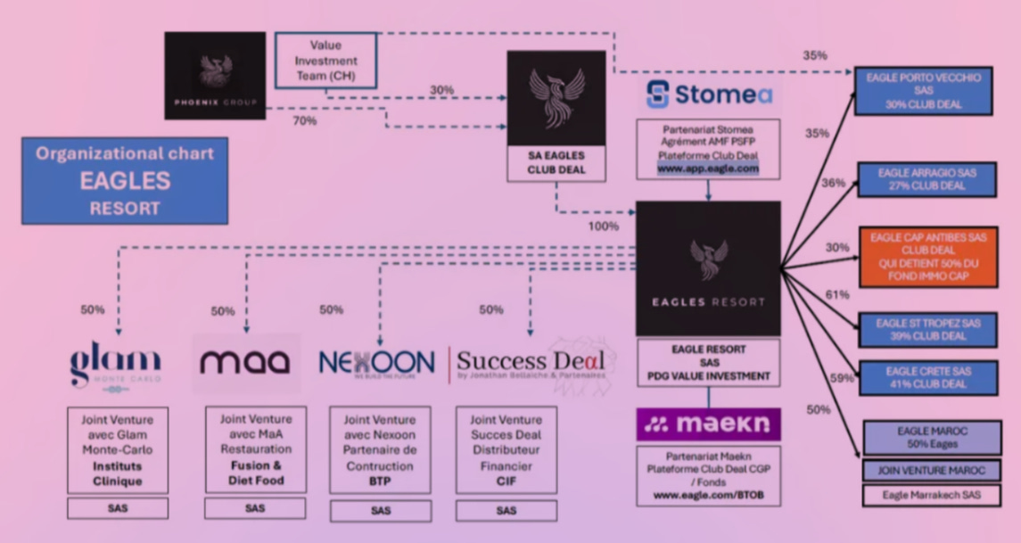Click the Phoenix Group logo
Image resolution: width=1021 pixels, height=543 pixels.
(215, 76)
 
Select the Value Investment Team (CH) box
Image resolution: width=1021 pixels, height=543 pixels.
(325, 61)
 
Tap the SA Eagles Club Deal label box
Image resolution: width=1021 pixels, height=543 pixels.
(556, 161)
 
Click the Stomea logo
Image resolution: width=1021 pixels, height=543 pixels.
(709, 94)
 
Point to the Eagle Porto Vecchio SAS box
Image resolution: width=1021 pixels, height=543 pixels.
(923, 90)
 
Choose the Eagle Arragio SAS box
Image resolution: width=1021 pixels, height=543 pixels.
(926, 179)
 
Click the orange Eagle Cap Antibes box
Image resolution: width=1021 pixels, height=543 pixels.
(926, 257)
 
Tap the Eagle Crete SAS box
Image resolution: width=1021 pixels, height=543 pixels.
(926, 377)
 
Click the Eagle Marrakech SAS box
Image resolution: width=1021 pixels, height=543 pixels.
(931, 495)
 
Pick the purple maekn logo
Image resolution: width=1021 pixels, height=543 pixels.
(708, 424)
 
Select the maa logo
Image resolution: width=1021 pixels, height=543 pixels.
(245, 362)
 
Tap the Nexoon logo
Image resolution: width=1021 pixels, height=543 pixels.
(376, 362)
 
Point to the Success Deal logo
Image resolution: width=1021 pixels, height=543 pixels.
(530, 362)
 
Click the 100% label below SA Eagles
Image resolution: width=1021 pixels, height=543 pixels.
(603, 226)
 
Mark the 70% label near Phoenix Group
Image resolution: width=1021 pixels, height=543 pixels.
(305, 121)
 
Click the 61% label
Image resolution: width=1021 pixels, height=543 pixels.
(836, 295)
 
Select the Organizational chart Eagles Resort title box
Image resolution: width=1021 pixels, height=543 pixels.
(125, 180)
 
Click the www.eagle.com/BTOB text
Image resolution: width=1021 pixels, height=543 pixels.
(708, 495)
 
